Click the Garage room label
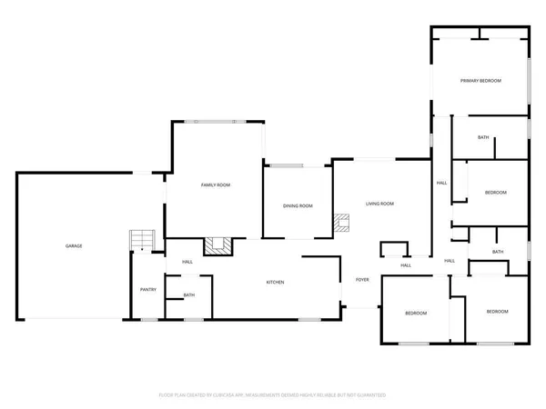74,246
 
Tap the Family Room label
216,185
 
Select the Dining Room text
298,206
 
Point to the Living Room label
379,204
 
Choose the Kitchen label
275,283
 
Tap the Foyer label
361,280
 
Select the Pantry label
147,290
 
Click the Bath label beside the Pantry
189,294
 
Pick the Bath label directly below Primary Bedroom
483,137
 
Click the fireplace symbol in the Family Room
217,245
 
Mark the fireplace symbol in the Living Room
341,223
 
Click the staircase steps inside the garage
141,239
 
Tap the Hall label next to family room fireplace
187,262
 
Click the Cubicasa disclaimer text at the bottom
273,395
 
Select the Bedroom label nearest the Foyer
416,314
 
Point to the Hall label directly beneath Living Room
406,265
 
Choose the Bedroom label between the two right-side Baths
495,193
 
